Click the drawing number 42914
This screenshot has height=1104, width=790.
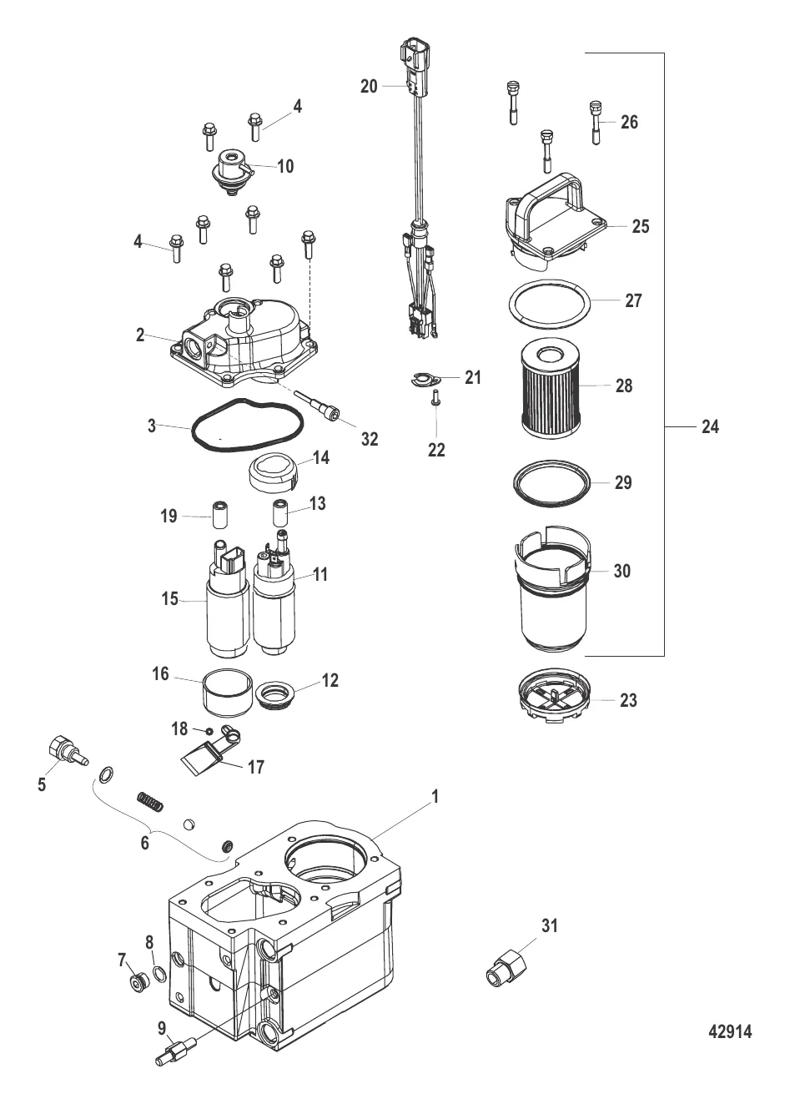pyautogui.click(x=729, y=1032)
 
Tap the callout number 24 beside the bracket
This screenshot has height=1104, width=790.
pyautogui.click(x=710, y=426)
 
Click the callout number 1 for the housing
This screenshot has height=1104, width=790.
pyautogui.click(x=435, y=797)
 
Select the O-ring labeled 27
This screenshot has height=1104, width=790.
pyautogui.click(x=551, y=302)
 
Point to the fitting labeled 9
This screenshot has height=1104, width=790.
pyautogui.click(x=174, y=1049)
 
